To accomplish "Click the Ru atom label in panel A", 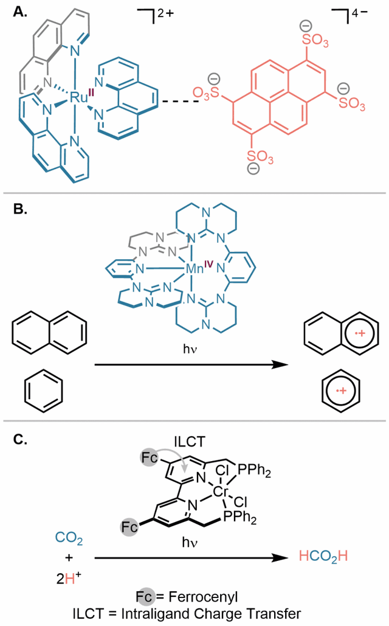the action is (78, 97).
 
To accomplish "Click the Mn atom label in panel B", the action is (194, 269).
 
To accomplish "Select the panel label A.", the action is (20, 12).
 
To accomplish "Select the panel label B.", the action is (20, 209).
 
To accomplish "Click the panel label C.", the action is (20, 439).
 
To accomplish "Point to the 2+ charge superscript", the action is (165, 13).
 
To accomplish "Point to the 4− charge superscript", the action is (359, 13).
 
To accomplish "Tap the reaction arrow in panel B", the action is (191, 364).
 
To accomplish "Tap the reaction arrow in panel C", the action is (191, 558).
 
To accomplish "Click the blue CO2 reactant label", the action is (69, 538).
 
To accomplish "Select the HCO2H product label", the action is (323, 557).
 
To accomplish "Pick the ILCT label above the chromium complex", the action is (190, 442).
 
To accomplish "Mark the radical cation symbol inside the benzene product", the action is (341, 391).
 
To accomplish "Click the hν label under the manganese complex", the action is (190, 349).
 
